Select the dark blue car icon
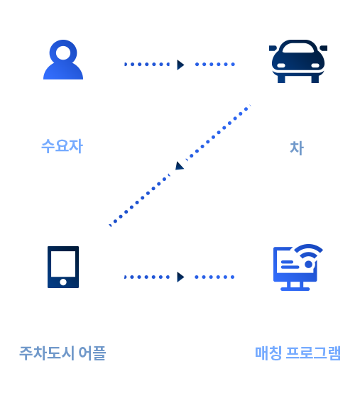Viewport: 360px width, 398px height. point(298,61)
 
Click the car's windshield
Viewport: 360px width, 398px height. point(298,48)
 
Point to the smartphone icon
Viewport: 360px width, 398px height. point(63,267)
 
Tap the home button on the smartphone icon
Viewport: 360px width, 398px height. point(63,282)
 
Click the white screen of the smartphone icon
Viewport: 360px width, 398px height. point(63,264)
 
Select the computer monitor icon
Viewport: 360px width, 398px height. point(298,267)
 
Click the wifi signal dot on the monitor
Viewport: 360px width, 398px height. point(308,265)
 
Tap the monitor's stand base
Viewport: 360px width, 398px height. point(295,289)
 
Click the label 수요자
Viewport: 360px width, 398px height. point(62,146)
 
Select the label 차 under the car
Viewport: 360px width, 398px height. point(297,148)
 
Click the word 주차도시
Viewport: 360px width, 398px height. point(47,353)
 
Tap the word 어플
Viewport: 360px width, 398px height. point(92,353)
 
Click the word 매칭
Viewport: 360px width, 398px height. point(268,353)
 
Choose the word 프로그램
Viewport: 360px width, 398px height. point(313,353)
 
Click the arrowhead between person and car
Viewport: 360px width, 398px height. point(180,65)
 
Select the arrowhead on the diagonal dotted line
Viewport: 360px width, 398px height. point(180,165)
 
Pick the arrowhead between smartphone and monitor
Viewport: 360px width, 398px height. point(180,277)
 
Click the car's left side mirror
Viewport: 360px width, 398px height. point(273,48)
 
